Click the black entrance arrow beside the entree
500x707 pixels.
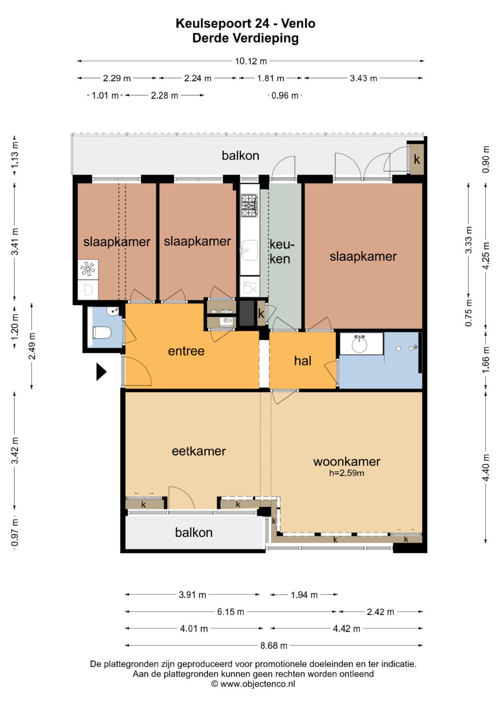pos(101,371)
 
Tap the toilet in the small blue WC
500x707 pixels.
pos(102,333)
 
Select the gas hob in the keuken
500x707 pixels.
pos(250,205)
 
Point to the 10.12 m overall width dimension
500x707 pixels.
pos(250,61)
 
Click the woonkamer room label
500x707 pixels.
pos(347,462)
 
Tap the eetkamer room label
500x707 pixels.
pos(199,451)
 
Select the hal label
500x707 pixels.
pos(302,360)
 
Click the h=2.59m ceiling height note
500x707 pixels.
pos(347,473)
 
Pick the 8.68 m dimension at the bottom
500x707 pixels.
pos(274,645)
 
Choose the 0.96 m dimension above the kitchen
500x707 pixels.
pos(285,95)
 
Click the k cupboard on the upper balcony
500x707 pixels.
pos(417,159)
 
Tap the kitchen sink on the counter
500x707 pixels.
pos(250,250)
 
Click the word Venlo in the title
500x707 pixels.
pos(298,23)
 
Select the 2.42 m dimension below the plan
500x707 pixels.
pos(381,612)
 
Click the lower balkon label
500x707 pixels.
pos(194,532)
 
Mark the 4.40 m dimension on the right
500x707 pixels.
pos(486,468)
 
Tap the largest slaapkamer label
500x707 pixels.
pos(363,257)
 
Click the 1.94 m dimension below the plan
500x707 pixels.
pos(304,594)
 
